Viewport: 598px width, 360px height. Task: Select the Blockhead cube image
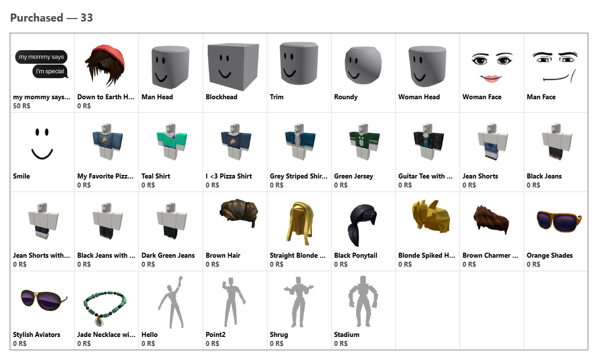[233, 66]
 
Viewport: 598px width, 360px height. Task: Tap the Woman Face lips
[491, 79]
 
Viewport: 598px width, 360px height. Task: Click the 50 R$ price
[22, 106]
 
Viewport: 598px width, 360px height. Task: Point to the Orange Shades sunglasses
[559, 220]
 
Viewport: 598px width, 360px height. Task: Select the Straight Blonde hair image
[300, 222]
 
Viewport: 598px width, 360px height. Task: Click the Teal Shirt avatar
[171, 141]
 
